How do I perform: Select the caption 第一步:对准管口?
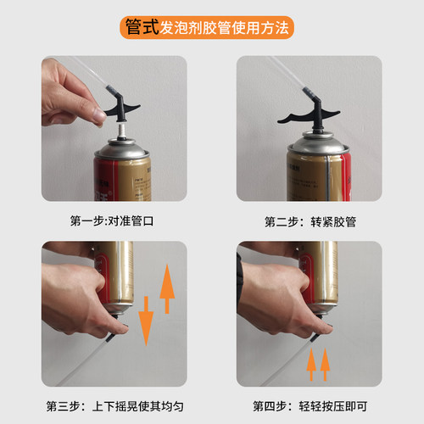click(x=114, y=222)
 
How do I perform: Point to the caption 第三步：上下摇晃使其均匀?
click(x=114, y=404)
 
